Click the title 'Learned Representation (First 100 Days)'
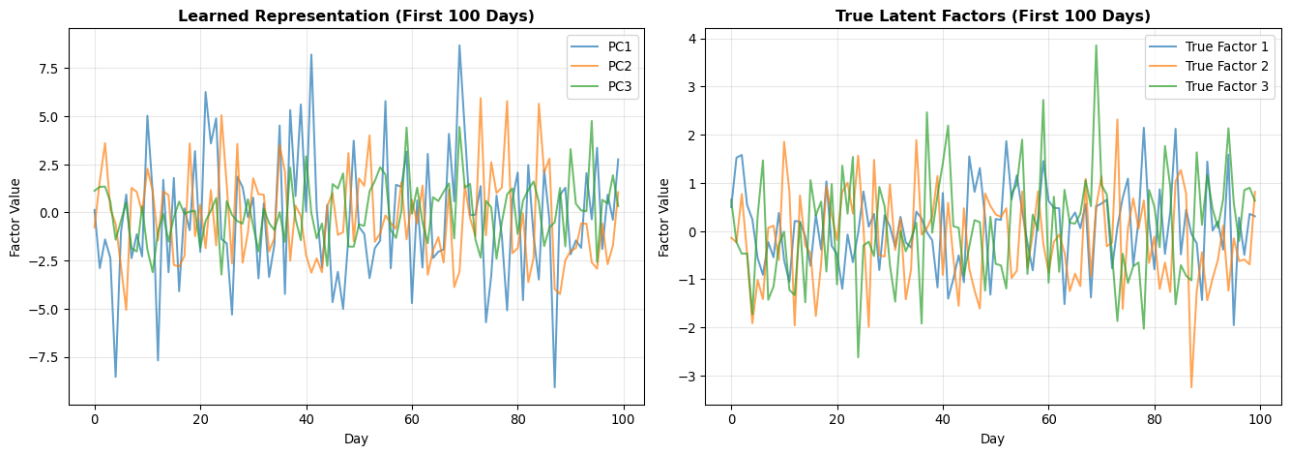pos(356,15)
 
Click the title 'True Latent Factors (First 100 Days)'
pos(992,15)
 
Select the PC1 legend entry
pos(601,46)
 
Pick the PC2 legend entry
pos(601,67)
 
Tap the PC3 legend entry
pos(601,86)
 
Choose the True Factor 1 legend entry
pos(1208,46)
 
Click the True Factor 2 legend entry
pos(1208,67)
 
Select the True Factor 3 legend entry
pos(1208,86)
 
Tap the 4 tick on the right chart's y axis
pos(691,39)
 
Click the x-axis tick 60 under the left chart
pos(412,419)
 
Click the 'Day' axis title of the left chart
pos(356,439)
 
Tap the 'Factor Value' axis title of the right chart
pos(664,218)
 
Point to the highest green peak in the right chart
pos(1096,45)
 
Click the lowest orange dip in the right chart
pos(1191,387)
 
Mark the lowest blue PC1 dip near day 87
pos(555,387)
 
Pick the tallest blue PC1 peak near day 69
pos(459,45)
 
